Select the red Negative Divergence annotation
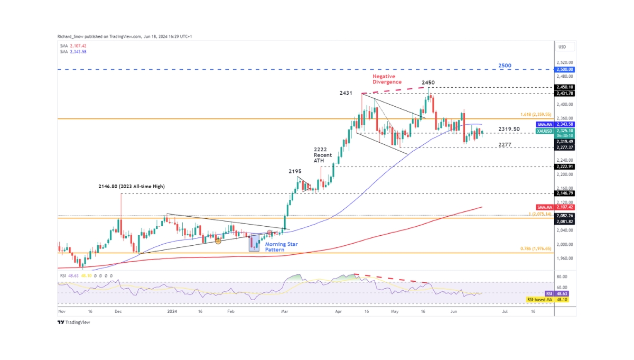385,79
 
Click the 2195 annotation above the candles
295,171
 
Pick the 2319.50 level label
509,129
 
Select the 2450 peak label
428,82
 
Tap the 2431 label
347,93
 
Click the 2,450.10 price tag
563,87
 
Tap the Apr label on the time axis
338,312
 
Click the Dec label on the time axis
118,312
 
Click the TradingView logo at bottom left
74,322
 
